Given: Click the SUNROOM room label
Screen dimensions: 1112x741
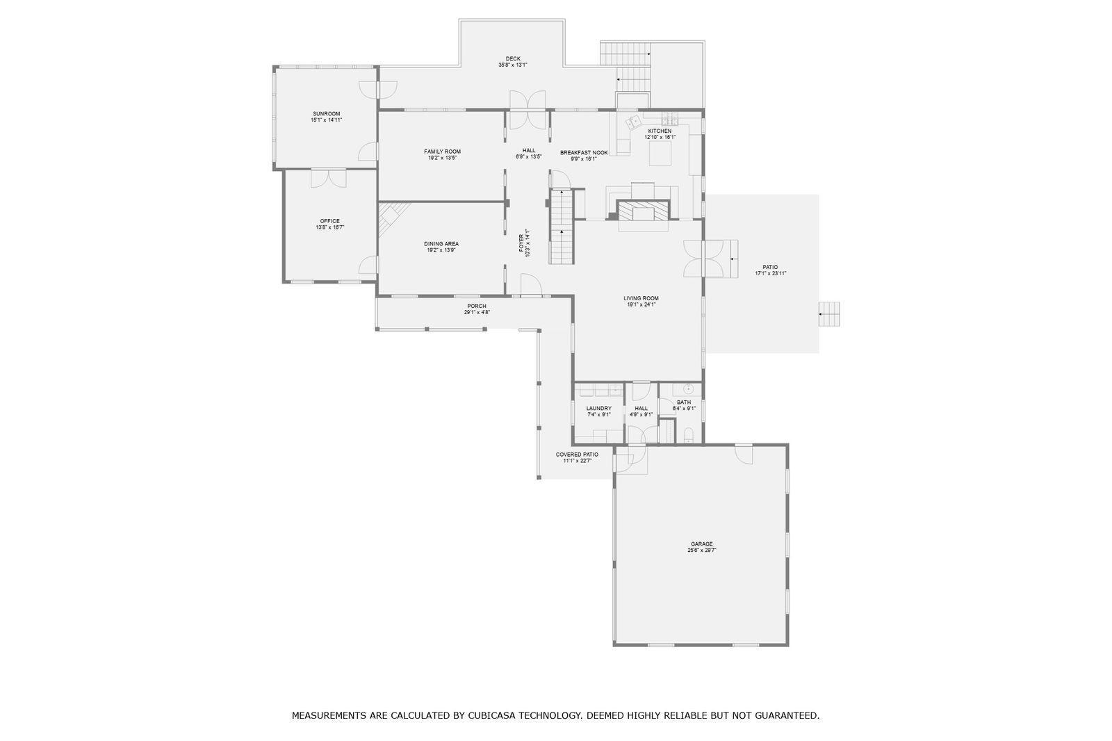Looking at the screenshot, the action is point(327,114).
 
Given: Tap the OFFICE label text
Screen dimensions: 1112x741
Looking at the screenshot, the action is point(330,221).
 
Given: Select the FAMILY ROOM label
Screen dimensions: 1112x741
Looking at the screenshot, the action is point(442,152).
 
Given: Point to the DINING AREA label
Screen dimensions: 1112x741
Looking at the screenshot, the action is point(441,244).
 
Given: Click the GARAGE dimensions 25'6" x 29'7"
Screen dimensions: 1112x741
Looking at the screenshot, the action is point(702,551).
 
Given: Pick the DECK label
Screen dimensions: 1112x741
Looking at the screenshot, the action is point(514,58).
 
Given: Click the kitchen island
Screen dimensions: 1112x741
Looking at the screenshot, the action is point(661,153).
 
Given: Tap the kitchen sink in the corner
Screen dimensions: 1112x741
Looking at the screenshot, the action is point(633,121).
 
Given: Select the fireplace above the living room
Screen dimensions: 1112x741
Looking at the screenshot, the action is point(643,211).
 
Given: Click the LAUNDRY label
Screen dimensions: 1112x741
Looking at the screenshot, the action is point(599,408).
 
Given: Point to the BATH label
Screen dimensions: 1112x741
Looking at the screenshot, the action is point(684,402).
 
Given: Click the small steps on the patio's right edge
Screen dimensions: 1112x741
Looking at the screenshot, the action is point(829,314).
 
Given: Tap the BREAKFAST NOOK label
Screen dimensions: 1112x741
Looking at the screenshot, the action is point(584,152).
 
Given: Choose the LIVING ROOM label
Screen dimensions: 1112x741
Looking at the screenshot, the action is point(641,298).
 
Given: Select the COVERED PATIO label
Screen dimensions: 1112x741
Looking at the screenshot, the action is point(578,455).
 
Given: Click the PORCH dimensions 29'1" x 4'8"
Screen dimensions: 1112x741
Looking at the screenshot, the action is point(477,312).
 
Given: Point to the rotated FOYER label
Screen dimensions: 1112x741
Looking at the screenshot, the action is point(521,243).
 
